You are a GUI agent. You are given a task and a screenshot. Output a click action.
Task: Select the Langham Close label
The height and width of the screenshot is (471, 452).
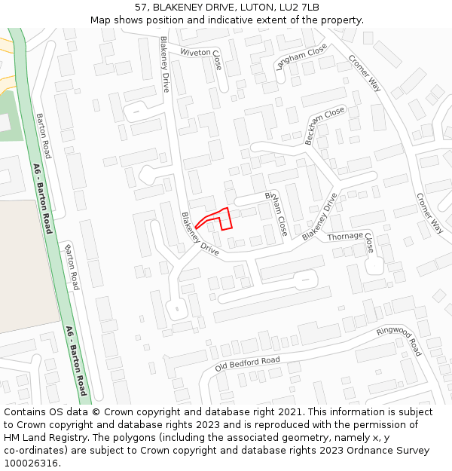click(x=301, y=57)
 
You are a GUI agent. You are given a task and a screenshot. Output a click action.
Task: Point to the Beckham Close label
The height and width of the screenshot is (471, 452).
click(x=324, y=126)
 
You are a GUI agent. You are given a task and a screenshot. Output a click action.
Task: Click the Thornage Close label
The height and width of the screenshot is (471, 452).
click(x=350, y=240)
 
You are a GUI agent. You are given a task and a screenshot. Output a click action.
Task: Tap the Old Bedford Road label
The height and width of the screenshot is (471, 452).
click(x=247, y=364)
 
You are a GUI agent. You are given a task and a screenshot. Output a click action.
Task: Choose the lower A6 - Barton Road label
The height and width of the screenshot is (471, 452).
click(x=77, y=360)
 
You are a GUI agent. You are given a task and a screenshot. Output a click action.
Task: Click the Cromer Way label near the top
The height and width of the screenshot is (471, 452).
click(x=365, y=73)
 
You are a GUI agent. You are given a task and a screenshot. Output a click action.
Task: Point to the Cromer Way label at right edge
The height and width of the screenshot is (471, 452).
click(x=430, y=213)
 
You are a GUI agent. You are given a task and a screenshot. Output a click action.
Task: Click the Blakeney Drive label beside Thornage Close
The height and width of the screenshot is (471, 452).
click(x=320, y=216)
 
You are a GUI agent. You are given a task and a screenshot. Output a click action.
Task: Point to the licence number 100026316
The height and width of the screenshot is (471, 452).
click(x=32, y=463)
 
